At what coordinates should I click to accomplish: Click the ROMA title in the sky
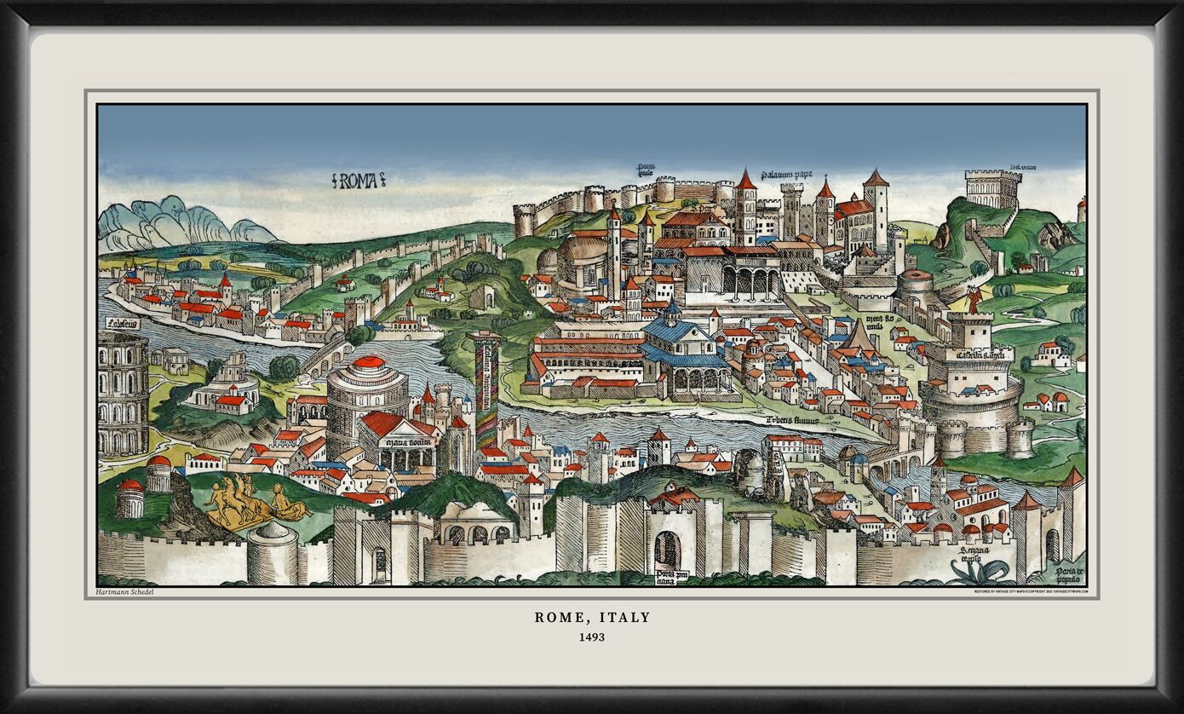358,180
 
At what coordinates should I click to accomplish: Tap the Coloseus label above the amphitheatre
123,323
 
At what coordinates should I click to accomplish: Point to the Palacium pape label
786,176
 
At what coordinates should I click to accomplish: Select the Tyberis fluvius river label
791,420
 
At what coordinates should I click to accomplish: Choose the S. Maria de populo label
974,555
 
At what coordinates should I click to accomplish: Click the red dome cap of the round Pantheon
369,362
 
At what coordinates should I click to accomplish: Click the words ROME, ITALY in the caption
592,617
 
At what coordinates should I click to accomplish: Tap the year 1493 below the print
591,636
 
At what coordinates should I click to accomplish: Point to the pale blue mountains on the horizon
179,222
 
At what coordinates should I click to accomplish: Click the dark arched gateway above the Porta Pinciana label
667,550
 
